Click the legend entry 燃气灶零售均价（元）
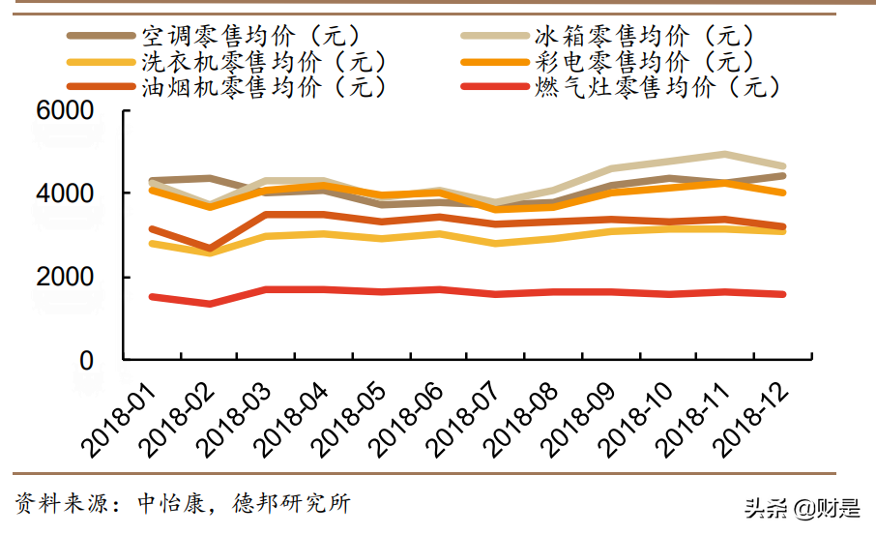click(657, 87)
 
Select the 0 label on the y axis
click(86, 360)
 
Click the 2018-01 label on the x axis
click(120, 416)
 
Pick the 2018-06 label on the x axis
click(406, 416)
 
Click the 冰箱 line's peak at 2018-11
click(724, 154)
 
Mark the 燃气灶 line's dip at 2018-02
click(210, 304)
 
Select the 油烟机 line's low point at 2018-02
click(210, 249)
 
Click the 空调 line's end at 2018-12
click(782, 175)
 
